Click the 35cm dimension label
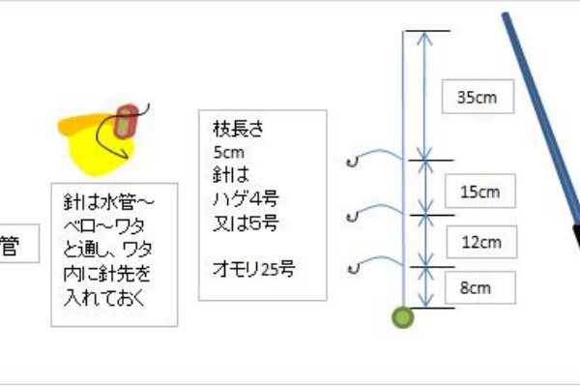tap(478, 97)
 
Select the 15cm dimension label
tap(479, 192)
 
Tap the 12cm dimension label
tap(481, 242)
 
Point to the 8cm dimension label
tap(476, 287)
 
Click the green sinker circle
tap(403, 317)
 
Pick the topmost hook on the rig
tap(353, 162)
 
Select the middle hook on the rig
tap(353, 217)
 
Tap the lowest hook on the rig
tap(354, 269)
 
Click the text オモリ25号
tap(253, 269)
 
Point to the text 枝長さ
tap(238, 129)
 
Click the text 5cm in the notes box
tap(228, 152)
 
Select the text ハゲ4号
tap(246, 199)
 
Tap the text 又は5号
tap(246, 223)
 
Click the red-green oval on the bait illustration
tap(126, 122)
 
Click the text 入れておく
tap(104, 297)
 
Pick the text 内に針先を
tap(107, 273)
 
